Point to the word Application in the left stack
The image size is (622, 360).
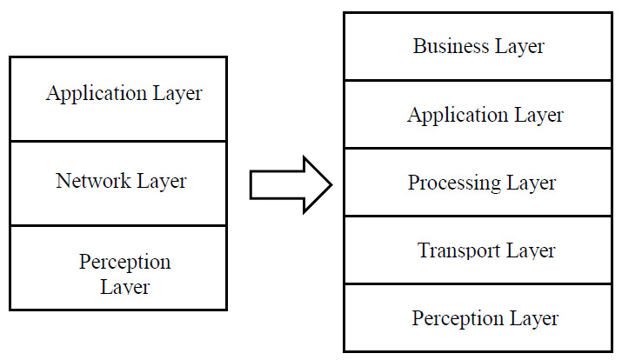point(97,94)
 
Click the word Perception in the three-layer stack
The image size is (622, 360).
point(124,263)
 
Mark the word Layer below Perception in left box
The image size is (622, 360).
point(124,286)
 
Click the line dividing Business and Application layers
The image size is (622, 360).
point(480,81)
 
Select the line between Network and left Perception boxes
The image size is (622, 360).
point(118,226)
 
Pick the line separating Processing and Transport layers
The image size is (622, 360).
point(480,217)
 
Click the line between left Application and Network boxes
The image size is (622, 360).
point(118,141)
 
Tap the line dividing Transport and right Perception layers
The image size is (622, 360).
point(480,284)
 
